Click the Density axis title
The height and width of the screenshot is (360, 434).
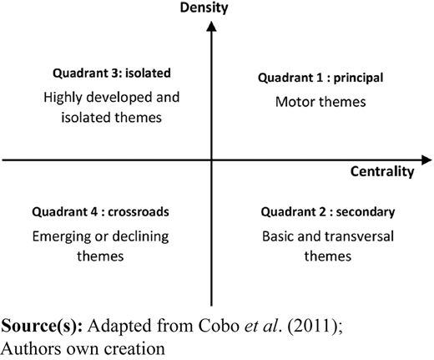[204, 8]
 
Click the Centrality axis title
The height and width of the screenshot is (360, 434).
[382, 171]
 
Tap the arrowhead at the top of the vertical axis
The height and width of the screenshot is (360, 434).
[211, 27]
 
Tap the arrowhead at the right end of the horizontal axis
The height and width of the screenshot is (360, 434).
[426, 160]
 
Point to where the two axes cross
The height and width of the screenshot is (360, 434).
[211, 160]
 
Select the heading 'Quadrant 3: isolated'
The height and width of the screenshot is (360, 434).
[112, 74]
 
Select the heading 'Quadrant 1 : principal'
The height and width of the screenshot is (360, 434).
[320, 78]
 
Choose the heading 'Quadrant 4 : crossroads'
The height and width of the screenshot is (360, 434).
[100, 212]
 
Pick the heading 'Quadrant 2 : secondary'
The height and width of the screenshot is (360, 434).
[328, 212]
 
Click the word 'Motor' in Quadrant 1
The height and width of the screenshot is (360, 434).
[290, 102]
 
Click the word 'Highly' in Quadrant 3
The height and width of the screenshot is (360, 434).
[63, 98]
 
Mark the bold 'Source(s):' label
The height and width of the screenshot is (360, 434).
[42, 326]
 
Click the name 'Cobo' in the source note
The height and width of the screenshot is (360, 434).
[219, 326]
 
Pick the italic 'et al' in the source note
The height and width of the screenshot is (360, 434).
[261, 326]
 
